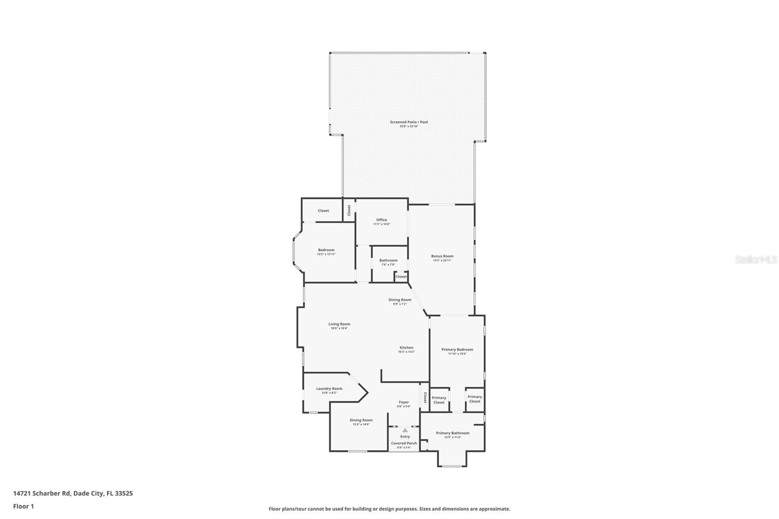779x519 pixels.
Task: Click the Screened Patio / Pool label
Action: [x=408, y=122]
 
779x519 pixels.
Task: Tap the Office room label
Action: [x=381, y=220]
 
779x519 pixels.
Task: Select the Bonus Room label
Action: [x=442, y=257]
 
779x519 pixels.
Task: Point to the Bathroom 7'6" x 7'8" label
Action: [x=388, y=260]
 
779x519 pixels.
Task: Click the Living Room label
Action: [x=339, y=324]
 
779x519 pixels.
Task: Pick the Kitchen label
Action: [x=406, y=348]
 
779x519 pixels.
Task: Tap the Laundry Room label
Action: [x=329, y=389]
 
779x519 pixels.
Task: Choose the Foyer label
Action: [x=404, y=403]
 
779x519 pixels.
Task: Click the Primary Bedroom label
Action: [x=457, y=350]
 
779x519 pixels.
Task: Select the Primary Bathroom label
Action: [x=452, y=433]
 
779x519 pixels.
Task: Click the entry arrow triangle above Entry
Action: [x=405, y=430]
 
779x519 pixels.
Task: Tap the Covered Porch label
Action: [x=404, y=444]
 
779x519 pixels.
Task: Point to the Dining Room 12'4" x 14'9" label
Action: [x=361, y=421]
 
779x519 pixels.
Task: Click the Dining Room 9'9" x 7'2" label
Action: [x=400, y=300]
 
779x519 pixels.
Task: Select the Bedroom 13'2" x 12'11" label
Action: [x=326, y=250]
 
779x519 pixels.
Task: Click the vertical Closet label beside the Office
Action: [x=349, y=210]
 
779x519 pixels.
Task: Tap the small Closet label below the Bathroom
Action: [x=401, y=277]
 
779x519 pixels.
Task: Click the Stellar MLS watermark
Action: [x=756, y=260]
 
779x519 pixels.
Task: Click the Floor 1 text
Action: [x=23, y=506]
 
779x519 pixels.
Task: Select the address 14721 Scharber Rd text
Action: [x=73, y=493]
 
